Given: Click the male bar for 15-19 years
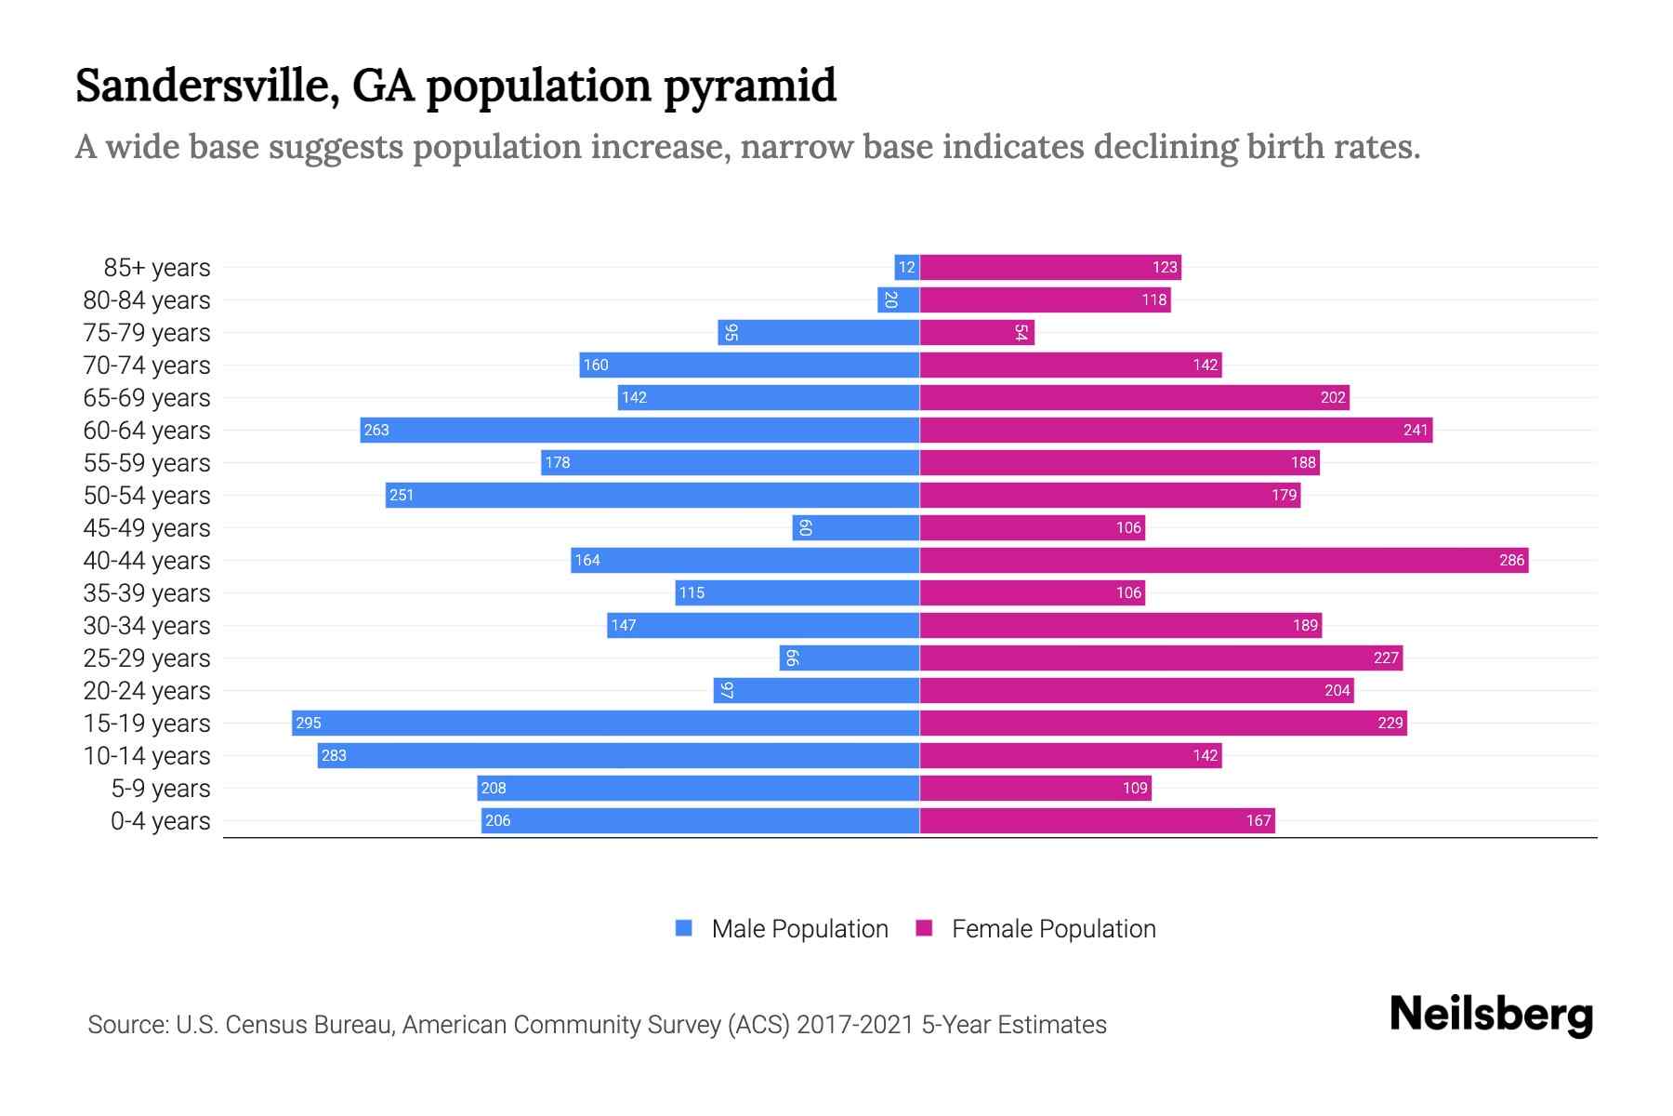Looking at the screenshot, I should point(605,723).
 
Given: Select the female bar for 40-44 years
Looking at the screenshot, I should point(1223,560).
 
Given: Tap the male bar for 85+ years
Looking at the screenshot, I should point(906,267).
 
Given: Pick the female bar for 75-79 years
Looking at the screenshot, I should point(976,332).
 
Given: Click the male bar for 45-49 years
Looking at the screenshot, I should point(855,527).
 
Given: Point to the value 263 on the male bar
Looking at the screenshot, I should point(376,430).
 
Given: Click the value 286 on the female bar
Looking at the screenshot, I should point(1511,560).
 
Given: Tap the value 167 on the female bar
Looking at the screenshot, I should point(1258,820).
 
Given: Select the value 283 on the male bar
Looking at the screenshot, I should point(334,755).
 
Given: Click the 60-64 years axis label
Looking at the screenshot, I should point(147,431).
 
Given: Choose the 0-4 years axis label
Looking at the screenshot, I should point(160,821).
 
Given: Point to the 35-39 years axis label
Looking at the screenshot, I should point(147,593).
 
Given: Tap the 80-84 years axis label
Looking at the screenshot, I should point(147,300).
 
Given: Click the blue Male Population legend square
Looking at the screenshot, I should point(684,928).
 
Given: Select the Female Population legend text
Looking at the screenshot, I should point(1053,928).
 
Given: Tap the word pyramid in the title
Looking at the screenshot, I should point(749,86).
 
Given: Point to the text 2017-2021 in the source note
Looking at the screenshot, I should point(855,1025).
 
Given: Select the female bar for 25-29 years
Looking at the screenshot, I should point(1161,658).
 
